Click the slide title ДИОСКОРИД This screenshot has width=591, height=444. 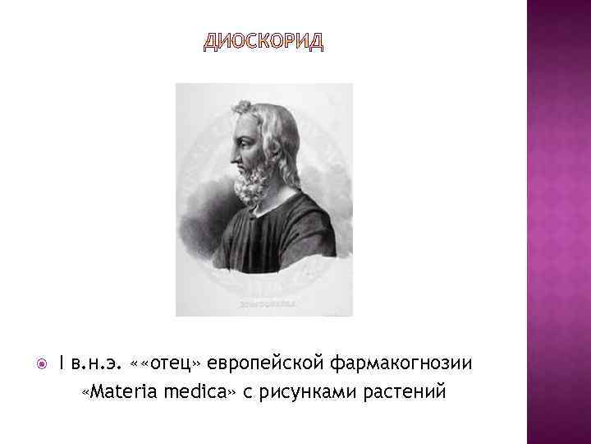(263, 43)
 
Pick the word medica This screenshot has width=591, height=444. (194, 391)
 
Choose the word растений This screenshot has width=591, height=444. (405, 391)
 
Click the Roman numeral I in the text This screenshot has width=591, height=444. (62, 363)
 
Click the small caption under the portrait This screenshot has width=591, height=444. (264, 304)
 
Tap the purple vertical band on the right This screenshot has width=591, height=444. (558, 222)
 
